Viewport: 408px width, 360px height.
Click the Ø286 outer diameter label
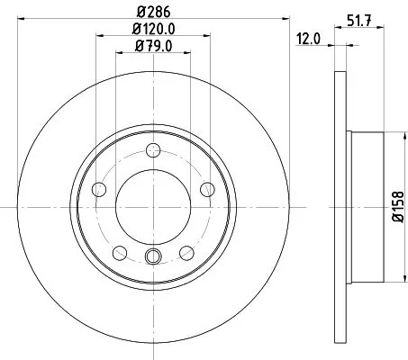click(153, 13)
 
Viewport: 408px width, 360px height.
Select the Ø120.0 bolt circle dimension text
click(154, 30)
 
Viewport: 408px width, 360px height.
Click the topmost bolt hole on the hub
click(153, 150)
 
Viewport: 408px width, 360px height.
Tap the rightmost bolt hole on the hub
click(207, 188)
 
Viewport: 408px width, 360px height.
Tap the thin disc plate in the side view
click(340, 206)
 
